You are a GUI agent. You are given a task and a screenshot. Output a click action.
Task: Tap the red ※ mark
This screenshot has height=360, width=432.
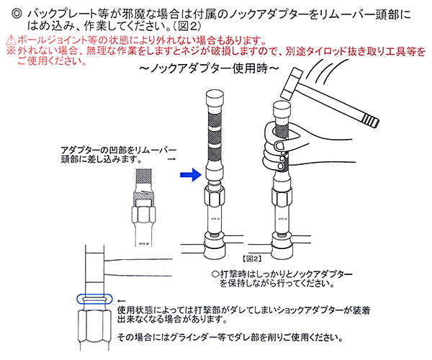(x=8, y=52)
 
